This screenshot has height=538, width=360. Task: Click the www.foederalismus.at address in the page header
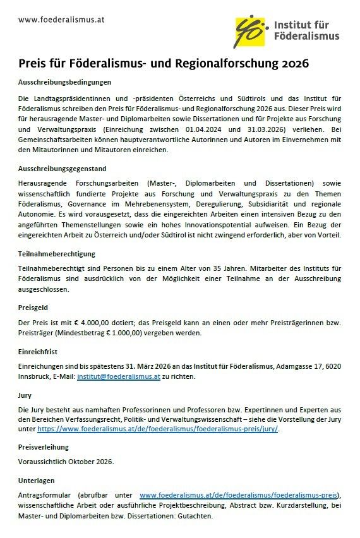pyautogui.click(x=61, y=20)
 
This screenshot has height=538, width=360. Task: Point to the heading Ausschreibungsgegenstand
pyautogui.click(x=62, y=169)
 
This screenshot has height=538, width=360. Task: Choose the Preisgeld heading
pyautogui.click(x=35, y=309)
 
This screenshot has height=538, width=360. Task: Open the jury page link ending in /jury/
pyautogui.click(x=157, y=429)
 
